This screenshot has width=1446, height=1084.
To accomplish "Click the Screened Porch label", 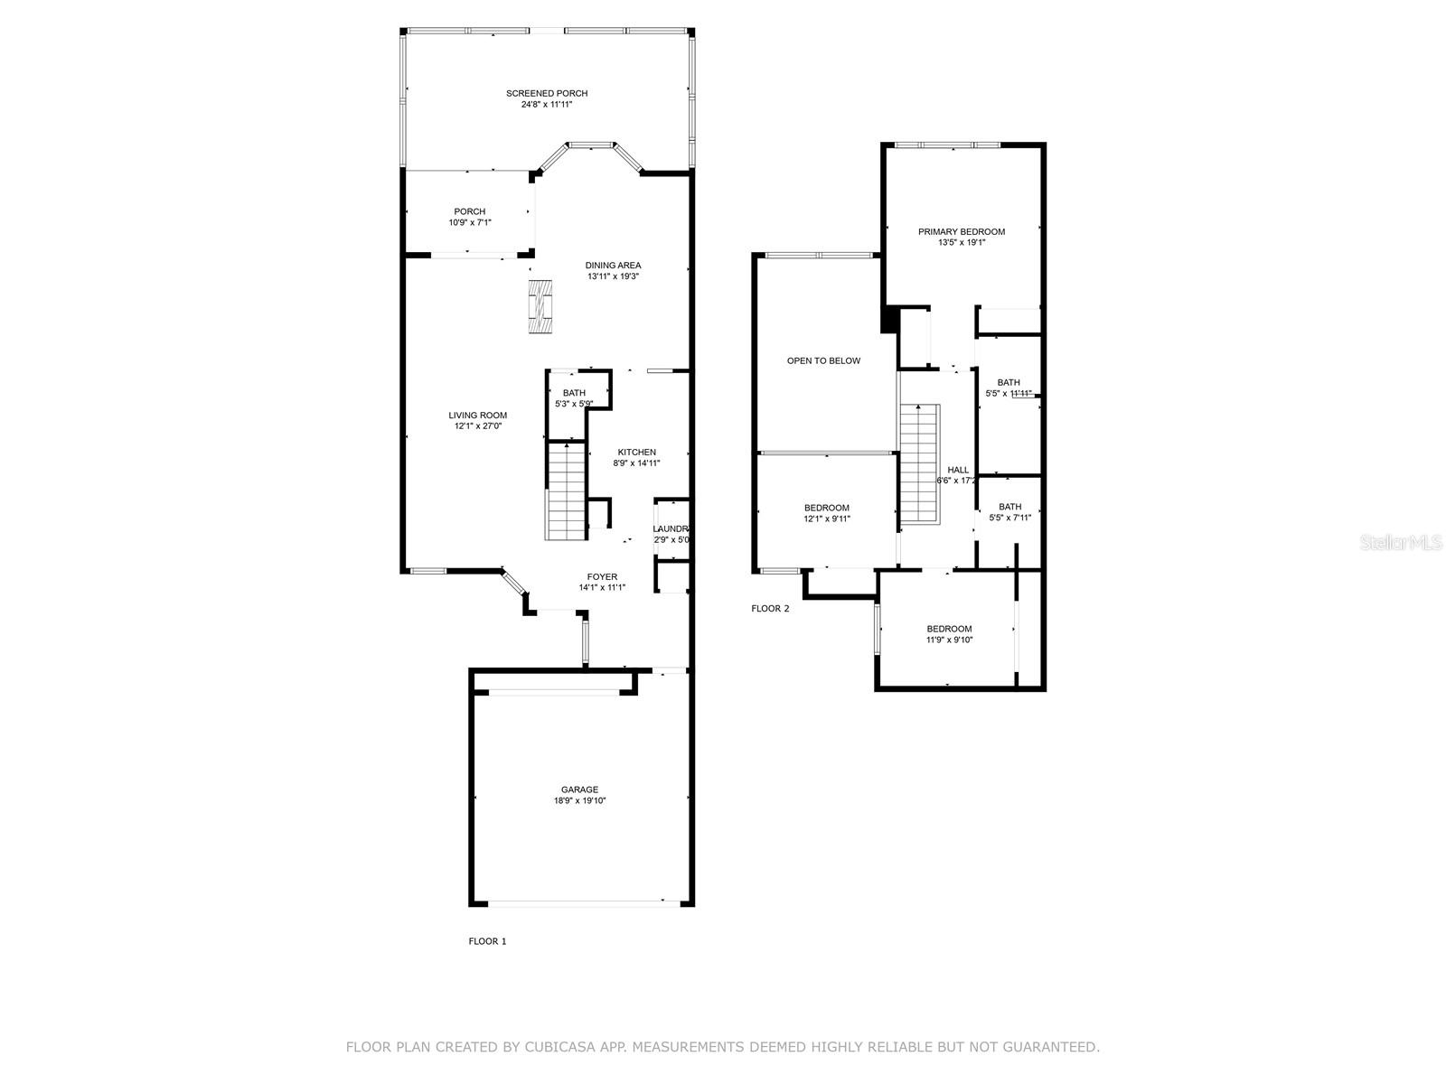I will (x=546, y=93).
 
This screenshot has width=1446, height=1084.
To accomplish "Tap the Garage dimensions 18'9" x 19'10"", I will (x=579, y=800).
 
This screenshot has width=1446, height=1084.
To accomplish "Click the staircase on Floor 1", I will (x=567, y=492).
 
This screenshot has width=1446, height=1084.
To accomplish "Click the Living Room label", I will (x=477, y=416).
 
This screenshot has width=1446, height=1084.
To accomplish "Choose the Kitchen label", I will (x=636, y=452).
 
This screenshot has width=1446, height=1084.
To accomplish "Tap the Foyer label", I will (x=602, y=576).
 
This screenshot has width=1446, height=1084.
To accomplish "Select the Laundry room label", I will (x=671, y=528).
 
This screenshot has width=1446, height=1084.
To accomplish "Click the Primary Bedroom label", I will (x=961, y=231).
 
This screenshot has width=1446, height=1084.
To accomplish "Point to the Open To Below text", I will (x=823, y=360).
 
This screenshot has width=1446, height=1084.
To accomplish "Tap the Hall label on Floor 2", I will (x=958, y=470).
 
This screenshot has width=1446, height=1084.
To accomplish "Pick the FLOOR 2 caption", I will (x=770, y=608).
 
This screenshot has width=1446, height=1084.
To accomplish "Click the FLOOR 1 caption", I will (x=487, y=941).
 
